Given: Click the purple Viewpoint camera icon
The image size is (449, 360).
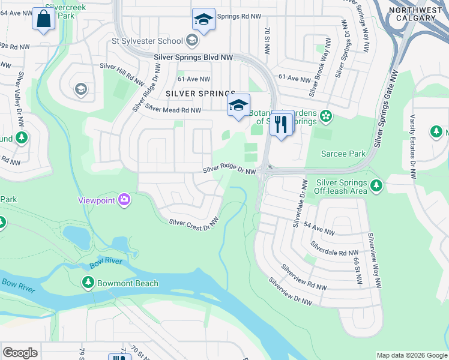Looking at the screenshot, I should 124,199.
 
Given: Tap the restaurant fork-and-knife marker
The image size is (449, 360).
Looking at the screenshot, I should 281,124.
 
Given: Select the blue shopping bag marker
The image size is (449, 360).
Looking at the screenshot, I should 44,19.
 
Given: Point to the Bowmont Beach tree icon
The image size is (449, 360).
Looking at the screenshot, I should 88,283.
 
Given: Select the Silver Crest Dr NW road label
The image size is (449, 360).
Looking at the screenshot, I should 193,224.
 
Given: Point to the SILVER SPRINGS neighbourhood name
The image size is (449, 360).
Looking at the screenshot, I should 200,94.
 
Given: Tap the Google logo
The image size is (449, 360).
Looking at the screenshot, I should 20,353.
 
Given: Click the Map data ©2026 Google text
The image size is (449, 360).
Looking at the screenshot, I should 411,355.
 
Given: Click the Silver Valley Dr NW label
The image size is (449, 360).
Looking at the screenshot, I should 21,100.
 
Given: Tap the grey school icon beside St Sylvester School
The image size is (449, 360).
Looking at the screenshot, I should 192,41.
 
